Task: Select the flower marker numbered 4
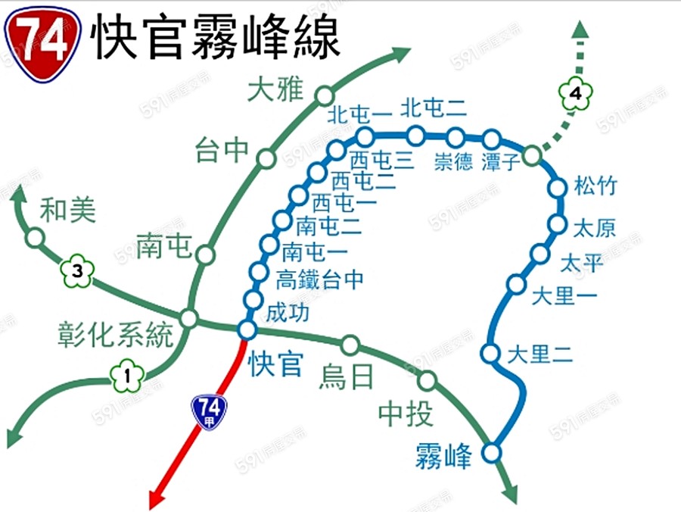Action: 576,95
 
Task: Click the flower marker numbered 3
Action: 76,271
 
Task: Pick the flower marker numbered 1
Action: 128,375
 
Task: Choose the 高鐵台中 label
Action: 319,279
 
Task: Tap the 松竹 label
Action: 595,186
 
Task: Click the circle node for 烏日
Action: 350,345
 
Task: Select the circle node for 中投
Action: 428,380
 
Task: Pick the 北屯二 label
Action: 434,108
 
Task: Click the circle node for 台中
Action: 266,158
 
